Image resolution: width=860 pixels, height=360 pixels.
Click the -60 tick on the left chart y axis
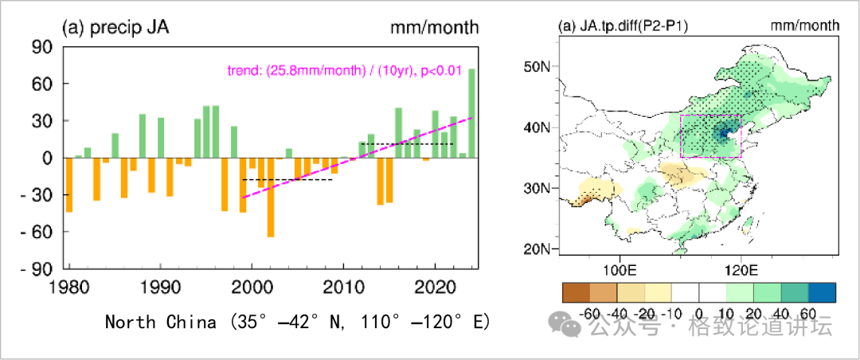click(41, 232)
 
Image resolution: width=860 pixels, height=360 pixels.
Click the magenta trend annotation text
click(345, 71)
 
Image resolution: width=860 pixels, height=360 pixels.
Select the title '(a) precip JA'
click(115, 28)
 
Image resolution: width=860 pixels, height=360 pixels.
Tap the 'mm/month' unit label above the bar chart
click(434, 28)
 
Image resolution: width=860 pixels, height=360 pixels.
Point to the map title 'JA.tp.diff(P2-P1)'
click(624, 26)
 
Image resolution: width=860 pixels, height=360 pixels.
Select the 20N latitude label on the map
click(537, 248)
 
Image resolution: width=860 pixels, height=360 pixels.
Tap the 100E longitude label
click(619, 265)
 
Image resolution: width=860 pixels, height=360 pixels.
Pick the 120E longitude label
click(741, 265)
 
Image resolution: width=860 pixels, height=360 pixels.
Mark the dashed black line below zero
click(287, 180)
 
